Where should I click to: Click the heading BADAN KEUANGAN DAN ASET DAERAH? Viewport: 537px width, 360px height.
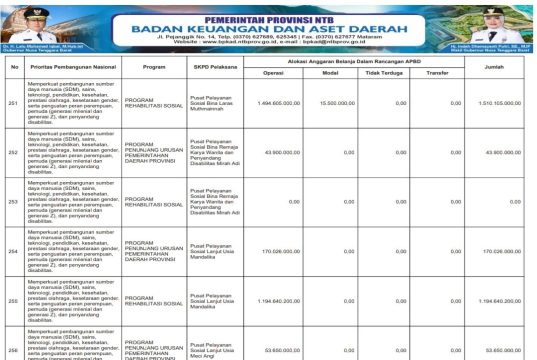click(268, 30)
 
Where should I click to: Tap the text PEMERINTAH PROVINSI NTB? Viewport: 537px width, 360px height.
click(268, 18)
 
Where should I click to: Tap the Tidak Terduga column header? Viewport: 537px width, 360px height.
click(384, 73)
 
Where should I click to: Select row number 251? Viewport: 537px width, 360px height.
click(13, 103)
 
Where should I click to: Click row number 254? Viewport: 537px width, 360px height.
click(13, 251)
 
